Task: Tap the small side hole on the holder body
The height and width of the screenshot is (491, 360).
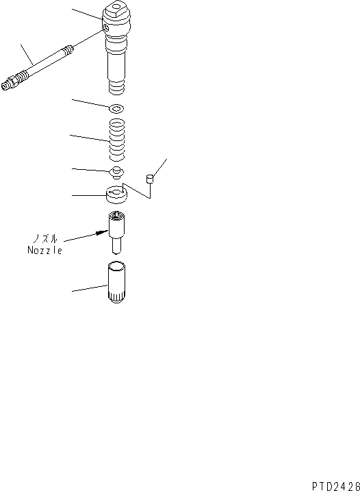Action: click(x=104, y=28)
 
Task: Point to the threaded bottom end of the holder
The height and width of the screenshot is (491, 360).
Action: click(x=118, y=86)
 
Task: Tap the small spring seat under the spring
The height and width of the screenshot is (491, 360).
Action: click(x=117, y=171)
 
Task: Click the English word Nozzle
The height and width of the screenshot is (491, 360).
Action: click(x=45, y=251)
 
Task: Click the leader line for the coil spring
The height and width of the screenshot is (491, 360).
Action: click(x=87, y=138)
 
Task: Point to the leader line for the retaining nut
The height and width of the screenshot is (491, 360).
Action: click(x=89, y=292)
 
